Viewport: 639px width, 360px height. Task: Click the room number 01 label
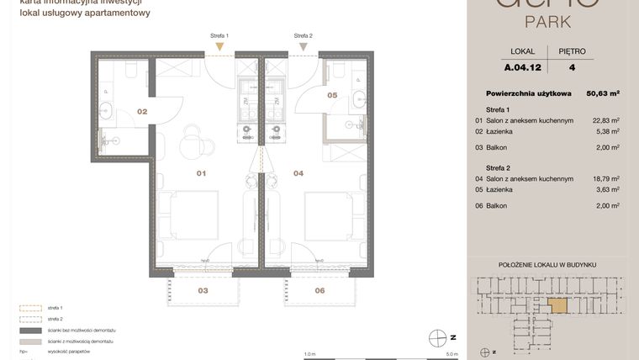pos(201,173)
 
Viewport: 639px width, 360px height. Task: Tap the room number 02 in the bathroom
pos(142,111)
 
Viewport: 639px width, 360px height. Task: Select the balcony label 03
pos(203,290)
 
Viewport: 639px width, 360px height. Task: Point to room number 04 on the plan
pos(298,173)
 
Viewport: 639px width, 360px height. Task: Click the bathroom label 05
pos(332,96)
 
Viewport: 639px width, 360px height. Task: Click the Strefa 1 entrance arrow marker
pos(220,48)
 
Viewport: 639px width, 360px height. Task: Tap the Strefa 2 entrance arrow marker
pos(303,48)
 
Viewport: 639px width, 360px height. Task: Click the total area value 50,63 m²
pos(602,93)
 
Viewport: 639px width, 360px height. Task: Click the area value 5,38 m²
pos(608,131)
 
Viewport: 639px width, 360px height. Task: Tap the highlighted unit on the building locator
pos(557,306)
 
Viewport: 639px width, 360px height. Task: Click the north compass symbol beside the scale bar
pos(436,337)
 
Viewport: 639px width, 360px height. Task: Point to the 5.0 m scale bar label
pos(452,354)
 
